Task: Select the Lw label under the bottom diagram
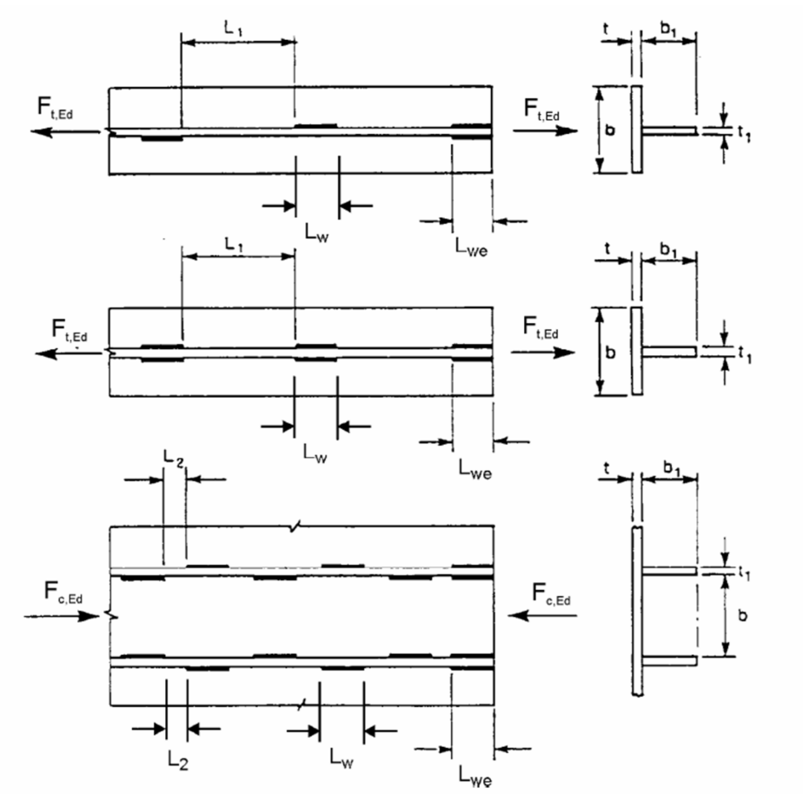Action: [x=342, y=757]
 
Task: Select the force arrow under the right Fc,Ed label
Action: [x=544, y=615]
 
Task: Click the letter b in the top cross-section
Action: [x=611, y=129]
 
